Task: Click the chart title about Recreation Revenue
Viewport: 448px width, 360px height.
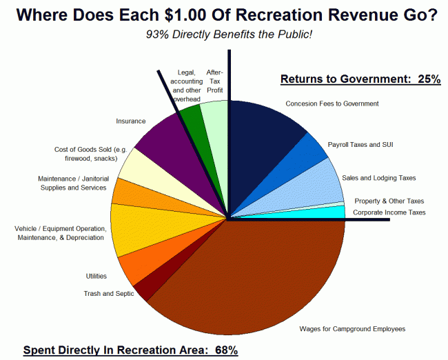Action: tap(223, 14)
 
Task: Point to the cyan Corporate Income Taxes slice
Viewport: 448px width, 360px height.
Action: tap(324, 212)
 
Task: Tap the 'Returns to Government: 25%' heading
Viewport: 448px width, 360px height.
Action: tap(360, 79)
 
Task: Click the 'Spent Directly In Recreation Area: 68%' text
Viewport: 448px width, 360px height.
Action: tap(130, 350)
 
